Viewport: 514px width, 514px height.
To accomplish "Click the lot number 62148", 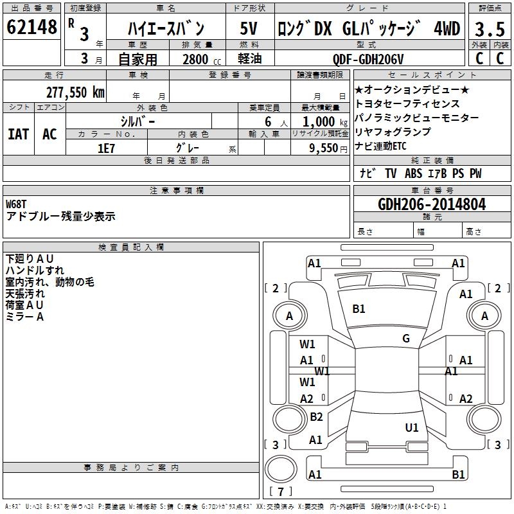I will (x=31, y=28).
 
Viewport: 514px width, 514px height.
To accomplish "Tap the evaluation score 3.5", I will (x=489, y=30).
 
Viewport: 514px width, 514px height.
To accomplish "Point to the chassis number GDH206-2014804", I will (x=432, y=204).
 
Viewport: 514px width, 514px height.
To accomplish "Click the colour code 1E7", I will (x=106, y=148).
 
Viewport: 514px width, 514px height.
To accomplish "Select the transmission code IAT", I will (x=19, y=134).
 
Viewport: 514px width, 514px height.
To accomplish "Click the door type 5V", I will (x=249, y=29).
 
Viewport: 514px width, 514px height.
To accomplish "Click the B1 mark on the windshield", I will (x=359, y=309).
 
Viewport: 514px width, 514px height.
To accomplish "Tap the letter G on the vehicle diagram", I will (x=406, y=339).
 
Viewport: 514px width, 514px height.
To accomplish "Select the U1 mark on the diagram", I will (x=412, y=427).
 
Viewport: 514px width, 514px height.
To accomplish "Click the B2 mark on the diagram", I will (x=316, y=417).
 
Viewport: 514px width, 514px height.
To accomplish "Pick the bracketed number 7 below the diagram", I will (x=280, y=492).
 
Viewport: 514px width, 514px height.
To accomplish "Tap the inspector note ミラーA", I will (x=24, y=317).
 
